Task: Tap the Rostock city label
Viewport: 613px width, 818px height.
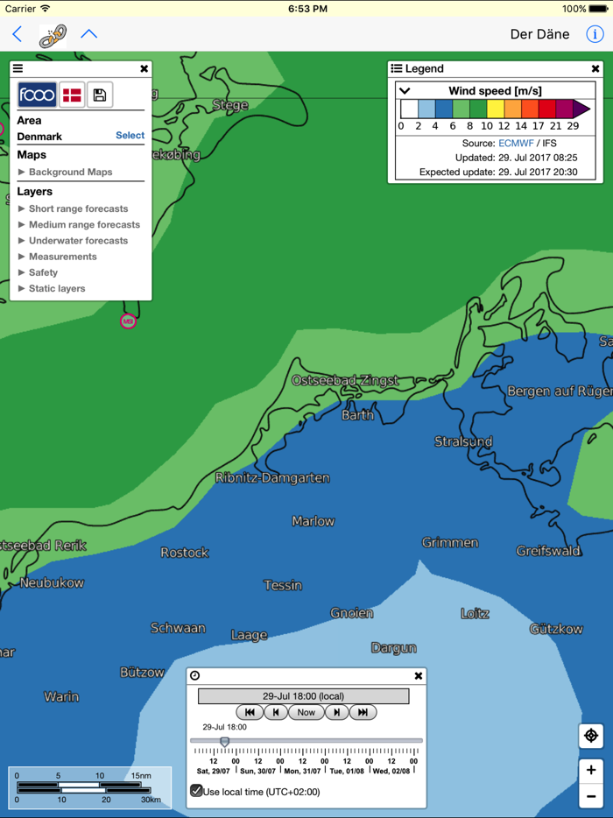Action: click(185, 553)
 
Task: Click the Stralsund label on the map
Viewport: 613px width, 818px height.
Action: click(463, 441)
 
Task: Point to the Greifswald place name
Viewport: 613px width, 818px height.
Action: click(548, 551)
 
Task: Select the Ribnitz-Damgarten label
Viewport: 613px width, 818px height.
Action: click(272, 478)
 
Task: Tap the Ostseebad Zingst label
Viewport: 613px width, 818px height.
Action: click(345, 381)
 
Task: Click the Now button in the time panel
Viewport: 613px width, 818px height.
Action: click(306, 712)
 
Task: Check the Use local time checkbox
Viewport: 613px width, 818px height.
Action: click(197, 791)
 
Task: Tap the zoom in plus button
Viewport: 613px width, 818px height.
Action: click(591, 770)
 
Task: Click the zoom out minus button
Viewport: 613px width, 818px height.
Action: click(591, 796)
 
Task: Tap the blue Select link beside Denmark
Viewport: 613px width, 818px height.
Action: click(130, 136)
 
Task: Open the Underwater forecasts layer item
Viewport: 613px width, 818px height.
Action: click(78, 241)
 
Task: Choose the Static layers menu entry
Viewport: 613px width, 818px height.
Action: click(57, 288)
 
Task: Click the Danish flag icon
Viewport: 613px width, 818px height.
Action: click(72, 95)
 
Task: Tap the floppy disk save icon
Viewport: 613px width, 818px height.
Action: click(100, 95)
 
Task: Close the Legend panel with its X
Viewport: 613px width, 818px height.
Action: click(595, 68)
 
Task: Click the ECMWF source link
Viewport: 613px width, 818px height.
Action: click(516, 143)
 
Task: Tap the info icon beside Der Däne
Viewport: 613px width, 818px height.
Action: click(595, 34)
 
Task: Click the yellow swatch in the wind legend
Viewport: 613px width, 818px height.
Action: click(495, 109)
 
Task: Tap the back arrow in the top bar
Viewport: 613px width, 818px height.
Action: click(18, 34)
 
